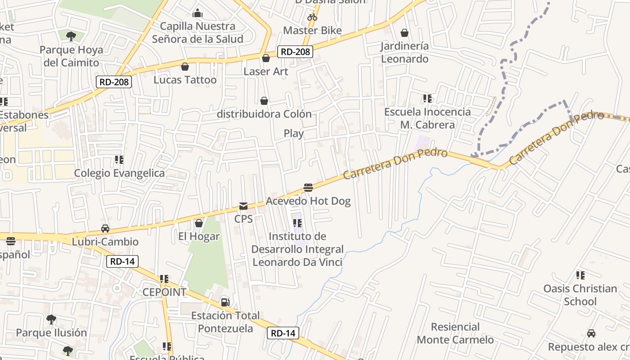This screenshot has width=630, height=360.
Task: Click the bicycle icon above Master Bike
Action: tap(312, 17)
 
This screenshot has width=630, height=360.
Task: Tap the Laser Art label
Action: tap(266, 72)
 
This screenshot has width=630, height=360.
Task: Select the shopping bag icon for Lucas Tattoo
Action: tap(184, 67)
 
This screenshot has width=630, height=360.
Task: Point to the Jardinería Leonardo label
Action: tap(405, 52)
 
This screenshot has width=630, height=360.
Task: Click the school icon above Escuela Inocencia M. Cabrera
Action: tap(427, 98)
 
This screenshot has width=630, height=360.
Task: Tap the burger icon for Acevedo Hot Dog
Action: tap(308, 187)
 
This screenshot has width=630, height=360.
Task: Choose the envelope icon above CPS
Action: tap(243, 206)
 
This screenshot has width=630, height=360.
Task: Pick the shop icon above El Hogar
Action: tap(198, 223)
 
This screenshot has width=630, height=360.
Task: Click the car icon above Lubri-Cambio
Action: tap(105, 229)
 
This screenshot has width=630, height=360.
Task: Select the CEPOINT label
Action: tap(164, 292)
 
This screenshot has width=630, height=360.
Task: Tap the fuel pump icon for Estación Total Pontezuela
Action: tap(225, 302)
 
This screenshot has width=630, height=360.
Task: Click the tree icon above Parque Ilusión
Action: tap(51, 319)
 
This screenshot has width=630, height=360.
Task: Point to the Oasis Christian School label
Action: tap(580, 295)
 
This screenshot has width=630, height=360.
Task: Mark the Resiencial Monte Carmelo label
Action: tap(455, 333)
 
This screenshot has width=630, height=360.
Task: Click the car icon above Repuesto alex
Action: tap(591, 333)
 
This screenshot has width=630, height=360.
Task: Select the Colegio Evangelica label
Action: tap(119, 173)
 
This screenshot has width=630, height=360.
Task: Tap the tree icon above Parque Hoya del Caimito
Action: tap(71, 36)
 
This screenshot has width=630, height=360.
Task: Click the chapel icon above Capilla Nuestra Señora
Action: tap(197, 13)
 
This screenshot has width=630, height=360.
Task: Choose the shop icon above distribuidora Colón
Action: tap(264, 101)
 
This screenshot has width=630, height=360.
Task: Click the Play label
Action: tap(293, 134)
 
